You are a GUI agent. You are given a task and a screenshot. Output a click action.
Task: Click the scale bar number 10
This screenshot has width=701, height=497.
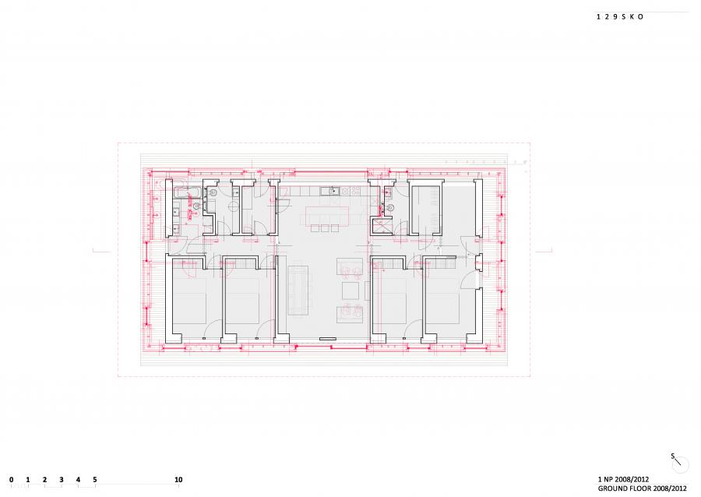(178, 480)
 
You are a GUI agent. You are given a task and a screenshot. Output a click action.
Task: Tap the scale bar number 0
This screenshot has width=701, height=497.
(11, 480)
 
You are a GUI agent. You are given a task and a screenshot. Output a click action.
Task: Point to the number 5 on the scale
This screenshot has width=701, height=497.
(95, 480)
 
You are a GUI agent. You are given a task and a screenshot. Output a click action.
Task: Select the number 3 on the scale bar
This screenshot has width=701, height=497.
(62, 480)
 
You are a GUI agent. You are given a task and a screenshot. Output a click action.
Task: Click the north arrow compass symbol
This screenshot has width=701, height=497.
(679, 463)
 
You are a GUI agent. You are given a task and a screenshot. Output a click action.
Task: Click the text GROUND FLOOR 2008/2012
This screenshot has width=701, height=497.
(643, 488)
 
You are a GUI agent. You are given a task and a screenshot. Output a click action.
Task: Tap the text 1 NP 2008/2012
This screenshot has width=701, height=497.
(623, 480)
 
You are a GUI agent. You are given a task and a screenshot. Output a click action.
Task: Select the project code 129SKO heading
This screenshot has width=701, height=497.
(620, 16)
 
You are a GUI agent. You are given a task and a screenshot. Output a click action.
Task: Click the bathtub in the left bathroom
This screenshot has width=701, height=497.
(183, 193)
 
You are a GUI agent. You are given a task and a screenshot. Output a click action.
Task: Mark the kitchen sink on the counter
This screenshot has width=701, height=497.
(330, 192)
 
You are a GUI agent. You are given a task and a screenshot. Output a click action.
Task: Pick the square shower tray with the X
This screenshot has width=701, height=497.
(382, 226)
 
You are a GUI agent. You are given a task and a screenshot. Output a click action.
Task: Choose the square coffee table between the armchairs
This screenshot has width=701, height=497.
(351, 291)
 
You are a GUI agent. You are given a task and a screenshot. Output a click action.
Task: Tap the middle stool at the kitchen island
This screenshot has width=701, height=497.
(325, 228)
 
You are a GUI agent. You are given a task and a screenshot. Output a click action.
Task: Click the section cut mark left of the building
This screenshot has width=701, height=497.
(101, 250)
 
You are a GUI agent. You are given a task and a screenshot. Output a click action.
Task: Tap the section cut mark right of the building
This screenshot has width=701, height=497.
(544, 250)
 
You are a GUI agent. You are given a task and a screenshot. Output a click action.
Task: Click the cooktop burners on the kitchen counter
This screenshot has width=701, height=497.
(355, 192)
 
